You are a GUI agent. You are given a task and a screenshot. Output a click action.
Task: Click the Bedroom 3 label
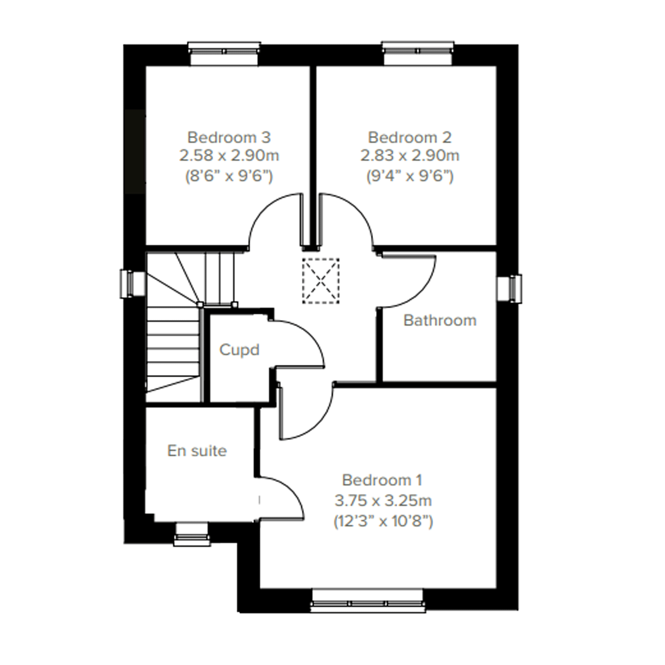[229, 138]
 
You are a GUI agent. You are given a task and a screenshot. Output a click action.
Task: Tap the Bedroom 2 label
[410, 138]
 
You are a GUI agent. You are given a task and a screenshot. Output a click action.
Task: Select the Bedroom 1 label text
[382, 480]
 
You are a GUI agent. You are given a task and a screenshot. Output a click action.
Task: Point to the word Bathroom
[440, 321]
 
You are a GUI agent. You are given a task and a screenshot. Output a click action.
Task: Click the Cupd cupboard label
[239, 350]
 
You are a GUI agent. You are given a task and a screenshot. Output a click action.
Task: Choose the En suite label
[197, 451]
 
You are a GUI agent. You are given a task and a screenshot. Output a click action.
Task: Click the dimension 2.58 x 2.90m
[229, 156]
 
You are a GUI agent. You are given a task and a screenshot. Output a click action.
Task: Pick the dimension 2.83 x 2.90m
[410, 156]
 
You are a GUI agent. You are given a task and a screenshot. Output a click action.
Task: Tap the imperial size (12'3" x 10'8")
[383, 521]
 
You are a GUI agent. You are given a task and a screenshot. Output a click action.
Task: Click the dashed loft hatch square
[321, 281]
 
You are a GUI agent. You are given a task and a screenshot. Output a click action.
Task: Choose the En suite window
[192, 534]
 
